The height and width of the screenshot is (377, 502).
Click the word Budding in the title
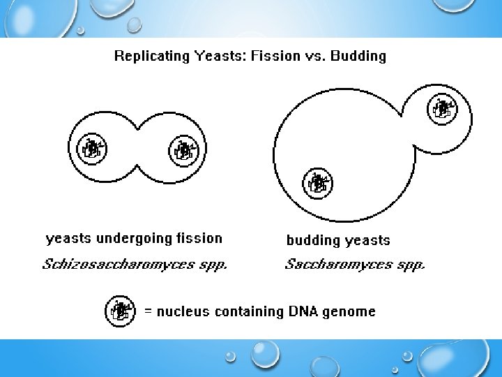click(358, 56)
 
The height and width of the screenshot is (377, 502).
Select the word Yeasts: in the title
click(212, 56)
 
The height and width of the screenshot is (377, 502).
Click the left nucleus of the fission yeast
click(91, 149)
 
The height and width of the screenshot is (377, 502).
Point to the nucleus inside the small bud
click(441, 108)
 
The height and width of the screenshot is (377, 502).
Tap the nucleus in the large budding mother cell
click(317, 183)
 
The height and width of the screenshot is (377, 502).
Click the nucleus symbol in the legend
click(121, 311)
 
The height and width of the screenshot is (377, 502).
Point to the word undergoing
click(133, 239)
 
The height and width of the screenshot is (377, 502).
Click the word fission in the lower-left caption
click(199, 239)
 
